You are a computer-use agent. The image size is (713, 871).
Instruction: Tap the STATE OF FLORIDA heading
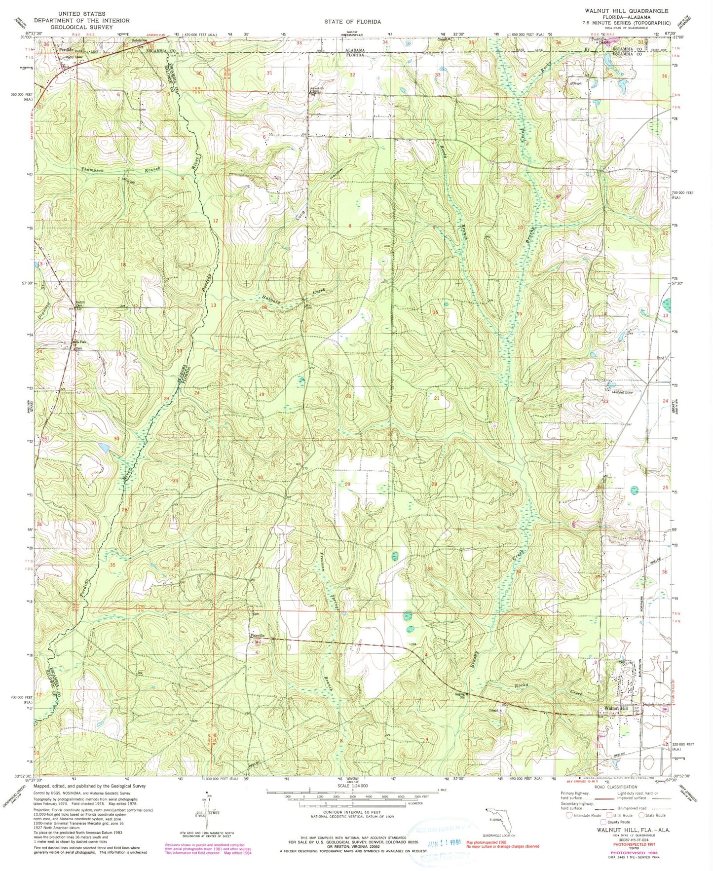point(352,22)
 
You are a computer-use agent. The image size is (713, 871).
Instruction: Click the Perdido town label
point(66,50)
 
